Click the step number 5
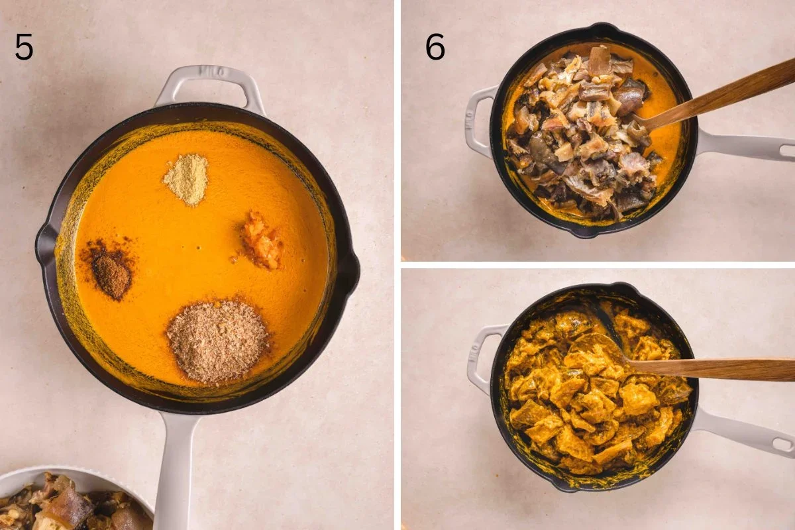[24, 47]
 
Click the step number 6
[435, 47]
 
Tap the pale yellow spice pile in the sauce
[186, 179]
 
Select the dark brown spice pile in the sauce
[111, 271]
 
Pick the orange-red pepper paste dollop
[261, 241]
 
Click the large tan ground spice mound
[217, 341]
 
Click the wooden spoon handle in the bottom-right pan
[715, 368]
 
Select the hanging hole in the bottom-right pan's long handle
[782, 445]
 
